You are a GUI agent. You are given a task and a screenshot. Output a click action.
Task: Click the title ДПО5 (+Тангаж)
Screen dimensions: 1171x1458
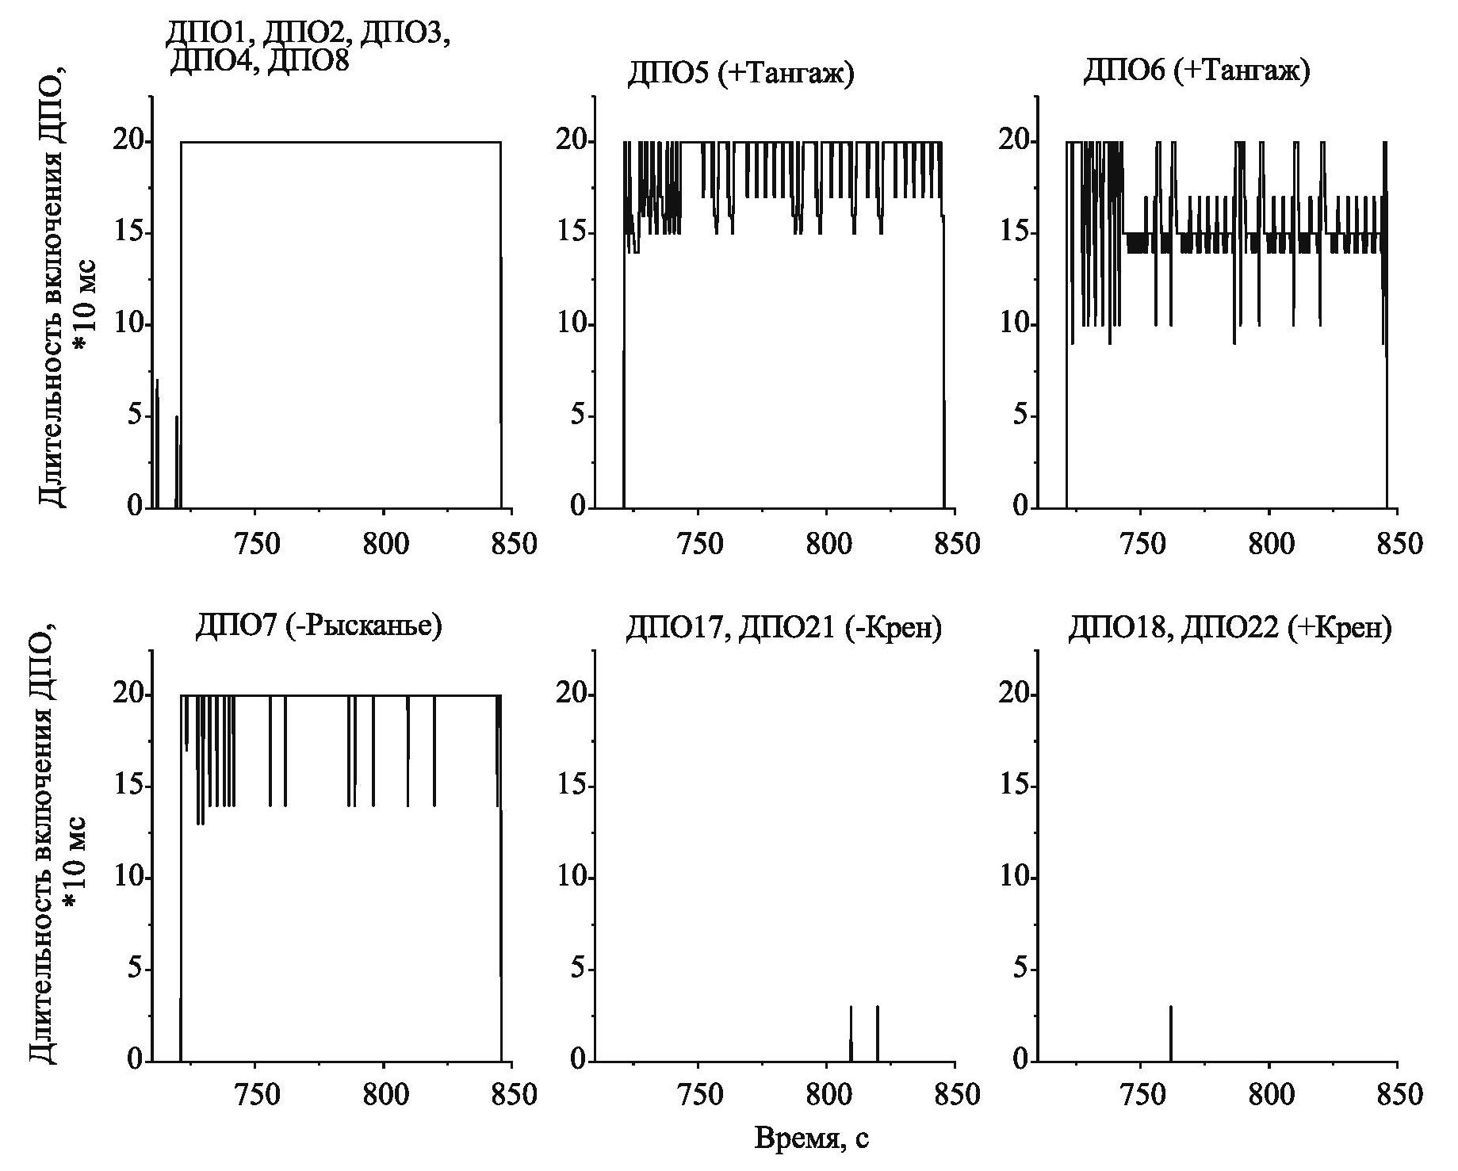(x=740, y=75)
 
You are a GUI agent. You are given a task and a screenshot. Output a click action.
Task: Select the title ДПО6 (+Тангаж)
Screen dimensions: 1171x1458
(x=1196, y=71)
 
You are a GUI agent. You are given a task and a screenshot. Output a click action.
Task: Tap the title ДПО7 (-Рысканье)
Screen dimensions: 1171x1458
(x=318, y=626)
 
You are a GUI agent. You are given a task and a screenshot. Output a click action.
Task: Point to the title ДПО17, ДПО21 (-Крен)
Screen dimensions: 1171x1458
(x=783, y=629)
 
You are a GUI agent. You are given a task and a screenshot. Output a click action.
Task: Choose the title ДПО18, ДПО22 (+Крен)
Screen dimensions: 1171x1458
(x=1229, y=629)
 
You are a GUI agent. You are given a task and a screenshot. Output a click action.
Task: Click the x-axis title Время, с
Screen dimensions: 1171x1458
(x=811, y=1138)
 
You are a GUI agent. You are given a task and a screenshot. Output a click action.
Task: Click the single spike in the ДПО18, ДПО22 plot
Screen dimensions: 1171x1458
(x=1170, y=1033)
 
